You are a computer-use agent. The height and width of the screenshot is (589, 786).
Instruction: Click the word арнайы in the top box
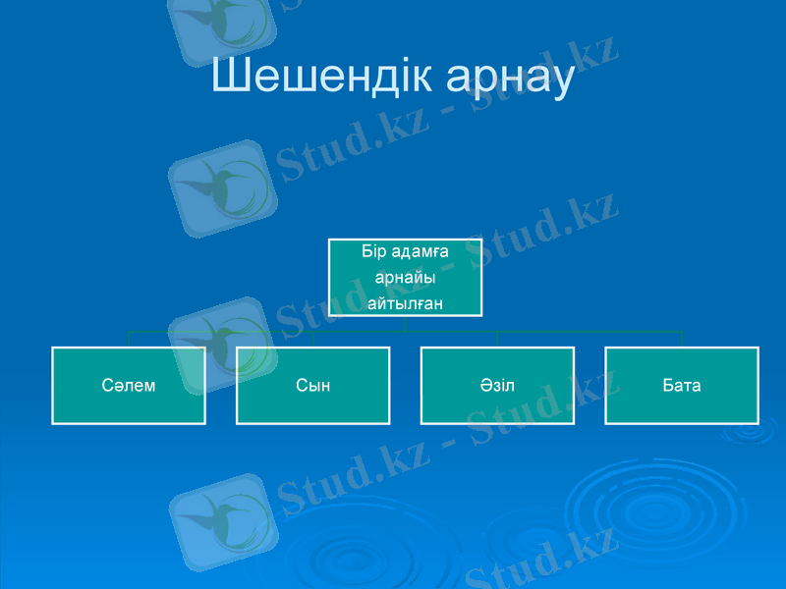pos(405,278)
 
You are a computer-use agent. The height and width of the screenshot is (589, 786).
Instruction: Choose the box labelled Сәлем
pos(129,385)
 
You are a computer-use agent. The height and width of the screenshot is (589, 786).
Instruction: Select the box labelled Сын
pos(312,385)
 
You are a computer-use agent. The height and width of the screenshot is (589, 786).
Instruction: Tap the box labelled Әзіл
pos(497,385)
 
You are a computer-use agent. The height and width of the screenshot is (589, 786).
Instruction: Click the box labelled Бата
pos(682,385)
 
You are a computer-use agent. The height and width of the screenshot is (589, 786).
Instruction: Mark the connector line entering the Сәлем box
pos(129,339)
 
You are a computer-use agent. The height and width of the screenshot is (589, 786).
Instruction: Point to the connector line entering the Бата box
pos(682,339)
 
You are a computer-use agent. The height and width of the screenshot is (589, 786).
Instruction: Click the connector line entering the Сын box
pos(312,339)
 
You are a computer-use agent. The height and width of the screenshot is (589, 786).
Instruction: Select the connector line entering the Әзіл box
pos(497,339)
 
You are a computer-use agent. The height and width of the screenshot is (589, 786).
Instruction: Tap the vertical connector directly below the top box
pos(405,323)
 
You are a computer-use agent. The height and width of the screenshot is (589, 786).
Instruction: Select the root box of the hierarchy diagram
pos(405,277)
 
